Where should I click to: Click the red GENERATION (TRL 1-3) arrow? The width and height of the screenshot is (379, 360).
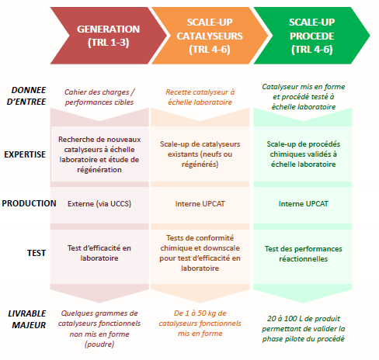click(x=109, y=36)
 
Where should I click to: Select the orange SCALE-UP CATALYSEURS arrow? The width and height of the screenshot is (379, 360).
click(x=210, y=36)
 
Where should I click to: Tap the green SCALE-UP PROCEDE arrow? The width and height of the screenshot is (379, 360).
click(x=311, y=36)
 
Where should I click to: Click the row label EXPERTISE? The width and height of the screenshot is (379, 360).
click(x=25, y=154)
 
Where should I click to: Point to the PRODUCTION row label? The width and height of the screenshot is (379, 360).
click(x=29, y=203)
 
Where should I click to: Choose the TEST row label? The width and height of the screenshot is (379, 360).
click(x=37, y=253)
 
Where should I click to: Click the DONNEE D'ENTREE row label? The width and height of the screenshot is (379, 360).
click(x=26, y=95)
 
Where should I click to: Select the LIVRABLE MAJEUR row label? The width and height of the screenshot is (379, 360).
click(x=27, y=319)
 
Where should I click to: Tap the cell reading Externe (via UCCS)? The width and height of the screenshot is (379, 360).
click(x=99, y=204)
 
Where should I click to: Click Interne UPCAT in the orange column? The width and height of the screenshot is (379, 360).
click(x=200, y=204)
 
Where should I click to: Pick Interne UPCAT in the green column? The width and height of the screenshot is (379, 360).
click(x=304, y=204)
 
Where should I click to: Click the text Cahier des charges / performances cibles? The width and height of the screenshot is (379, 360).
click(x=99, y=97)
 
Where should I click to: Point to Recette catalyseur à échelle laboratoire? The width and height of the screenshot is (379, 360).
click(x=200, y=97)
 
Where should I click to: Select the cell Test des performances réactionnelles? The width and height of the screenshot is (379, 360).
click(x=304, y=254)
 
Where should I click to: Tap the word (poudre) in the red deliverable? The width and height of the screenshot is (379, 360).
click(x=99, y=344)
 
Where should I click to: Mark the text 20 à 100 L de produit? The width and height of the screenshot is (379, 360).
click(x=304, y=318)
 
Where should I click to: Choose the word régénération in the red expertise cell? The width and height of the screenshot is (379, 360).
click(x=99, y=170)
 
